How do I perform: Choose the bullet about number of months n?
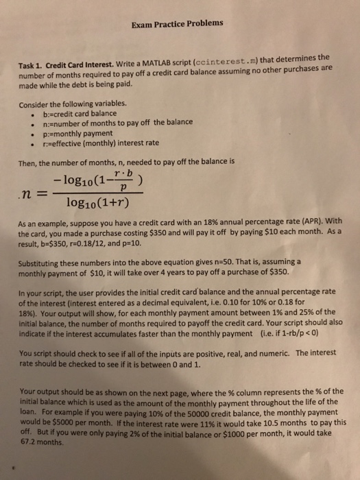point(117,123)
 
